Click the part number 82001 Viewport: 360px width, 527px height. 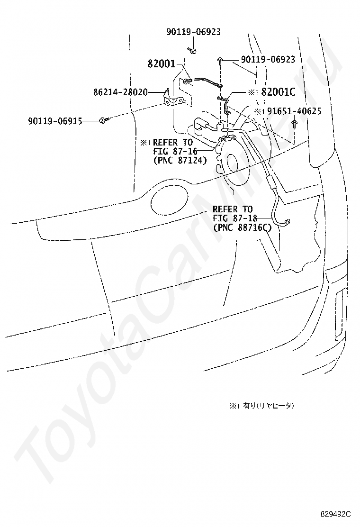point(162,64)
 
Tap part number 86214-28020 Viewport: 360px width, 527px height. point(120,92)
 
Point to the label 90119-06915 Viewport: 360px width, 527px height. point(54,121)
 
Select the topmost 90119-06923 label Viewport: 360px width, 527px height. point(193,32)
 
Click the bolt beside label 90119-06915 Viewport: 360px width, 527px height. point(103,121)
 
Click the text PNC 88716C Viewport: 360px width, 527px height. point(242,227)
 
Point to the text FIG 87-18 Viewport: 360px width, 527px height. point(233,218)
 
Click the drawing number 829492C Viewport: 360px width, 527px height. point(335,514)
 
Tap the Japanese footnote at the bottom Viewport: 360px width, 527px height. point(262,406)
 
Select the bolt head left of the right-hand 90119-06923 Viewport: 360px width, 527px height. point(222,60)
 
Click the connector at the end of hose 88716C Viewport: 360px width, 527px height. point(288,221)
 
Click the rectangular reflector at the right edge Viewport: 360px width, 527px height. point(341,315)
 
